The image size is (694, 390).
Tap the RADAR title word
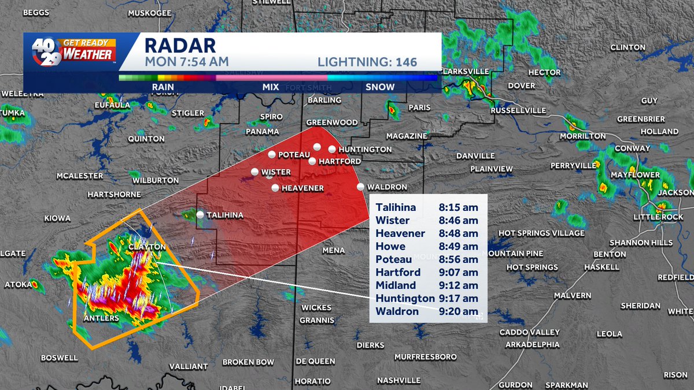coord(180,45)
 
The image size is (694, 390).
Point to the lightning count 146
coord(407,62)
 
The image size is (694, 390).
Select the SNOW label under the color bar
coord(380,87)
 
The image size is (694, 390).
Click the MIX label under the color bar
coord(270,87)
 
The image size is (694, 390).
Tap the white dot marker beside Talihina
coord(200,214)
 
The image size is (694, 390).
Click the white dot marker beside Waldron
coord(361,187)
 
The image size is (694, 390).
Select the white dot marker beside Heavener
coord(275,188)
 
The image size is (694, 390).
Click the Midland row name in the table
coord(396,285)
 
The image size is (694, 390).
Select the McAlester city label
coord(80,176)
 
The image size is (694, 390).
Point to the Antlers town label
coord(101,318)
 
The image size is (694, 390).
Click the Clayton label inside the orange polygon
coord(147,247)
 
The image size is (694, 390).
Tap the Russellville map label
coord(518,110)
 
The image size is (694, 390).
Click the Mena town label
coord(334,251)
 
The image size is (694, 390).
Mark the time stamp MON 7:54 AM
coord(186,61)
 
